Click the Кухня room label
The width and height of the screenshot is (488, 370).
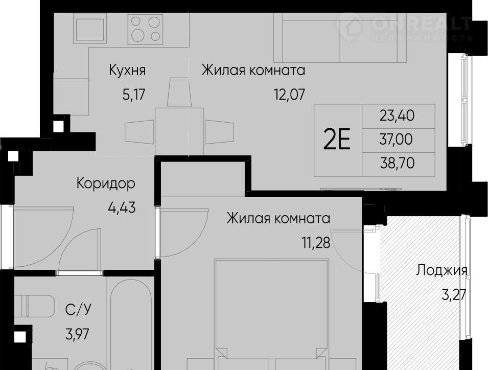pyautogui.click(x=127, y=71)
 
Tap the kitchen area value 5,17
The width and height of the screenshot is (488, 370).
pyautogui.click(x=134, y=94)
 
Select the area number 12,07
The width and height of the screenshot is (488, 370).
pyautogui.click(x=289, y=94)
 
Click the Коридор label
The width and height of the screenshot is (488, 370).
pyautogui.click(x=106, y=183)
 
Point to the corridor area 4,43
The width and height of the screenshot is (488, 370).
pyautogui.click(x=122, y=207)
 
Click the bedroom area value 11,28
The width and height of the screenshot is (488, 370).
pyautogui.click(x=316, y=243)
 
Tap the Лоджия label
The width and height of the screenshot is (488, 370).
pyautogui.click(x=442, y=270)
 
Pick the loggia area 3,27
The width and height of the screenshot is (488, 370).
pyautogui.click(x=454, y=294)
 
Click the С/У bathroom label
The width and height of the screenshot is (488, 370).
pyautogui.click(x=78, y=309)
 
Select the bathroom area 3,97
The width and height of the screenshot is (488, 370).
pyautogui.click(x=77, y=334)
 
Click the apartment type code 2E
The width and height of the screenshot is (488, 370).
pyautogui.click(x=337, y=140)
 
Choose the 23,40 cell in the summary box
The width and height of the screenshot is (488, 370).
pyautogui.click(x=397, y=116)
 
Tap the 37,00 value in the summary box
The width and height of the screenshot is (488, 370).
pyautogui.click(x=396, y=140)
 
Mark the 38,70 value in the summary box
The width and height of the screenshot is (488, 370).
pyautogui.click(x=397, y=163)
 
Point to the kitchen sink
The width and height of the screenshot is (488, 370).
pyautogui.click(x=90, y=30)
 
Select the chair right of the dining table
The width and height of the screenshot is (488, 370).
pyautogui.click(x=219, y=132)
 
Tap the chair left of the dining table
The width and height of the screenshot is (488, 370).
pyautogui.click(x=140, y=132)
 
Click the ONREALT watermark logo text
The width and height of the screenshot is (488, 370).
pyautogui.click(x=422, y=24)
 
